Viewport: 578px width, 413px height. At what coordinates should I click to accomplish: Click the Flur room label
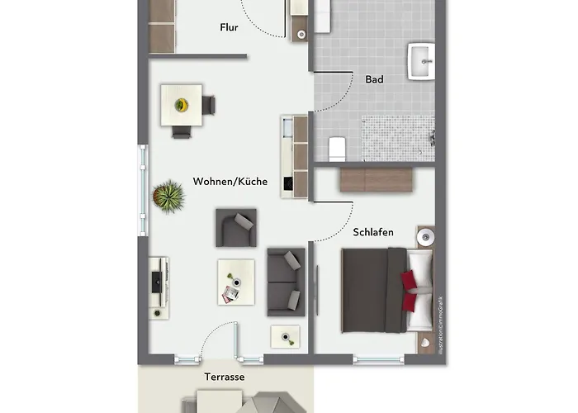(229, 27)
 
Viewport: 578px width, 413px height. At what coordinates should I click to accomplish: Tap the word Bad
(374, 79)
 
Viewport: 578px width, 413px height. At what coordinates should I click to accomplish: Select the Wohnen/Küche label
(230, 182)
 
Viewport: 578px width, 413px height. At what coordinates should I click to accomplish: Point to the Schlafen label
(373, 233)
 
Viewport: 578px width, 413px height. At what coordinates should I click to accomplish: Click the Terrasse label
(225, 376)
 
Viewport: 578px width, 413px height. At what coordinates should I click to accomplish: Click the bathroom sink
(421, 61)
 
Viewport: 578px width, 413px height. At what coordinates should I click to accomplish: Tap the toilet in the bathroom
(336, 149)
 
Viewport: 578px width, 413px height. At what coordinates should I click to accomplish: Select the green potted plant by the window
(168, 197)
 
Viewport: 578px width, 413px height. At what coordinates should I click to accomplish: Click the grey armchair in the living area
(236, 227)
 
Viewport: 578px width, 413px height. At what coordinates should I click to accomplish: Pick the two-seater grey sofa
(285, 281)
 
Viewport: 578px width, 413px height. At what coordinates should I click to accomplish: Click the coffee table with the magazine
(235, 282)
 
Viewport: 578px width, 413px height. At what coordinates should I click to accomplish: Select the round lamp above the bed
(424, 237)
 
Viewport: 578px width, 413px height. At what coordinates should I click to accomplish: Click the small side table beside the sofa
(286, 336)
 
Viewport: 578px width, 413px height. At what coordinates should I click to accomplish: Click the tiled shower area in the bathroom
(398, 136)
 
